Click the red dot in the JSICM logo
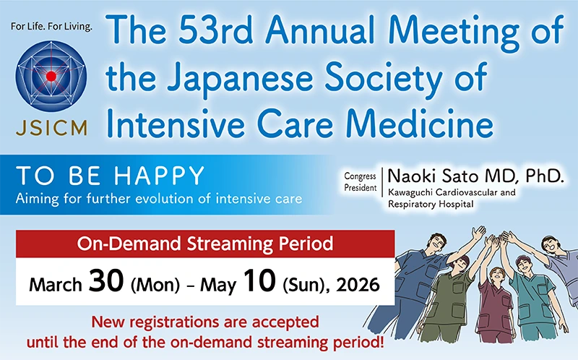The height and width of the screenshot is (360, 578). click(51, 75)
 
